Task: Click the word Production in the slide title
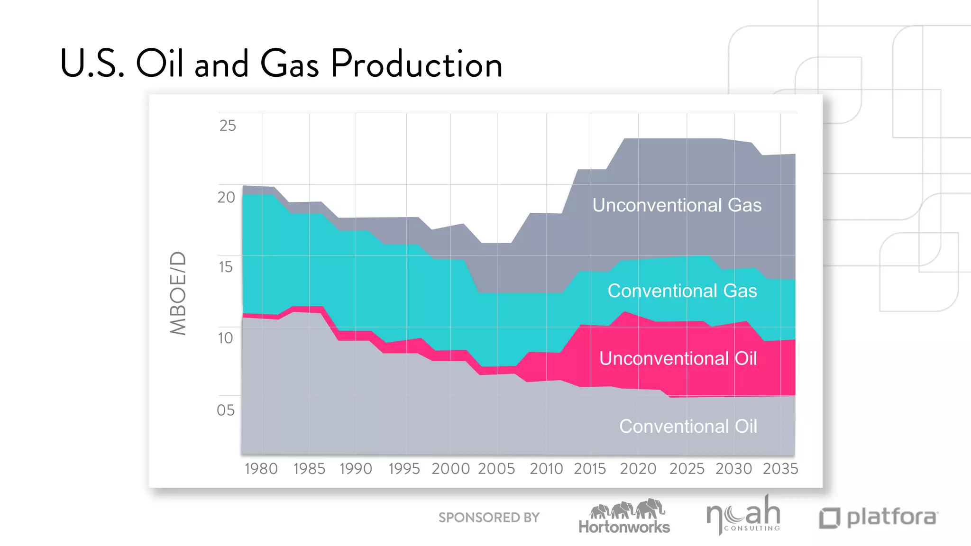pyautogui.click(x=416, y=64)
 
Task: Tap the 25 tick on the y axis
pyautogui.click(x=228, y=126)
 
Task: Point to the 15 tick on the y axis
pyautogui.click(x=226, y=267)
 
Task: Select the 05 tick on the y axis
pyautogui.click(x=226, y=410)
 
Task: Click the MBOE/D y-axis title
pyautogui.click(x=178, y=293)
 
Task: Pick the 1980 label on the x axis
pyautogui.click(x=261, y=469)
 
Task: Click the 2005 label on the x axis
pyautogui.click(x=496, y=469)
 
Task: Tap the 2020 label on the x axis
pyautogui.click(x=638, y=469)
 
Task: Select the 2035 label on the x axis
pyautogui.click(x=780, y=469)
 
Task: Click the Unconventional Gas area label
pyautogui.click(x=677, y=205)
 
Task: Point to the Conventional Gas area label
pyautogui.click(x=682, y=291)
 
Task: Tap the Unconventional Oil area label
pyautogui.click(x=678, y=358)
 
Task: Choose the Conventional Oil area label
pyautogui.click(x=688, y=426)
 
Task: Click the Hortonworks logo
pyautogui.click(x=624, y=517)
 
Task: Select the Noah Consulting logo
pyautogui.click(x=743, y=515)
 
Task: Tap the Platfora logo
pyautogui.click(x=879, y=518)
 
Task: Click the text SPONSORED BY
pyautogui.click(x=489, y=518)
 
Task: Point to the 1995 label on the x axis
pyautogui.click(x=404, y=469)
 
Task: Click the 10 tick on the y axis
pyautogui.click(x=226, y=338)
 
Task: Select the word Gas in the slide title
pyautogui.click(x=289, y=64)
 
